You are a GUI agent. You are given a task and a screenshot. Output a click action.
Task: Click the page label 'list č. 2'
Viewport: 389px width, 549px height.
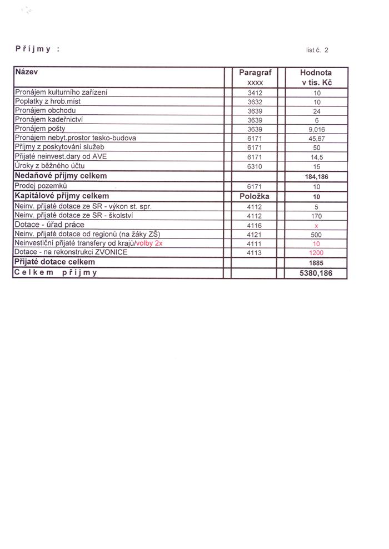coord(317,50)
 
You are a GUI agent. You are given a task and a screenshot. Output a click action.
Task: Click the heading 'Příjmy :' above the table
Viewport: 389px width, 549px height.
coord(37,49)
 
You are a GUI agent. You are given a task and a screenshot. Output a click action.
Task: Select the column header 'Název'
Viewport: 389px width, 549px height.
coord(27,72)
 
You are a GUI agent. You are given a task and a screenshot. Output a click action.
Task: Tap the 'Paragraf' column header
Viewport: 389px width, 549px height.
coord(254,73)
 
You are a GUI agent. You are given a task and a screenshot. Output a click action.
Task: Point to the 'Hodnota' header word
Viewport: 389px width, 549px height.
coord(316,73)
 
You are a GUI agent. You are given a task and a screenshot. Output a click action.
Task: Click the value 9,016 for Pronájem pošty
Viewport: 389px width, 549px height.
coord(316,129)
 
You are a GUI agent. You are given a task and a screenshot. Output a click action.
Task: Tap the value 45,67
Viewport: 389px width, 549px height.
coord(316,138)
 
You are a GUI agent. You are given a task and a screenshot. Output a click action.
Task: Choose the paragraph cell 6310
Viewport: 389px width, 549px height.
coord(254,166)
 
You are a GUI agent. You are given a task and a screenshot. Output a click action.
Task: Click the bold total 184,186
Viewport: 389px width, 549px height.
coord(316,176)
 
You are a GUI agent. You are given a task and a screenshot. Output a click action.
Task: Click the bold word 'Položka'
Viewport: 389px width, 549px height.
coord(254,196)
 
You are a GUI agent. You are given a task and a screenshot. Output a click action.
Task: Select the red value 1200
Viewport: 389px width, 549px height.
coord(316,252)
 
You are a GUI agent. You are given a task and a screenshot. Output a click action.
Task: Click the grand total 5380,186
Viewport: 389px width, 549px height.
coord(316,273)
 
